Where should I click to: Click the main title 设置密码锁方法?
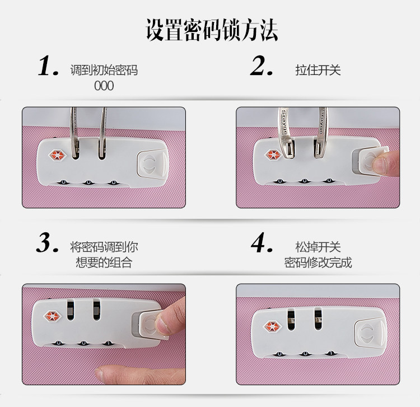(x=212, y=30)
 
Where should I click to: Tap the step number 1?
(x=48, y=66)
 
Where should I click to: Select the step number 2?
(x=261, y=66)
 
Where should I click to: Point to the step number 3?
(x=47, y=243)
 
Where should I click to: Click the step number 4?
(x=262, y=243)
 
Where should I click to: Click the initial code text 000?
(x=104, y=86)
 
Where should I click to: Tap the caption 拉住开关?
(x=318, y=70)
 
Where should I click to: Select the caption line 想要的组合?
(x=104, y=263)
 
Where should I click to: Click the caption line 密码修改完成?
(x=318, y=263)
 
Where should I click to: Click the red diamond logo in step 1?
(x=57, y=155)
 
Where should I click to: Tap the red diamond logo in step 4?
(x=273, y=326)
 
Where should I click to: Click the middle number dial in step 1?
(x=88, y=183)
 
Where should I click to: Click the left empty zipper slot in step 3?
(x=70, y=310)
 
